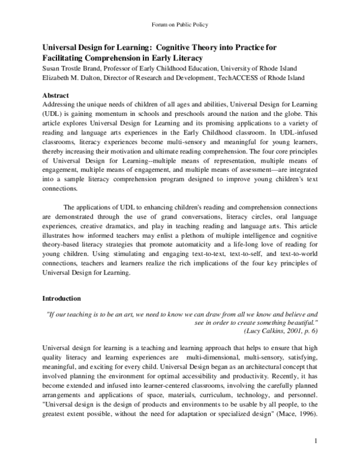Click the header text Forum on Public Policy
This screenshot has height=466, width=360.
[x=179, y=25]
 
